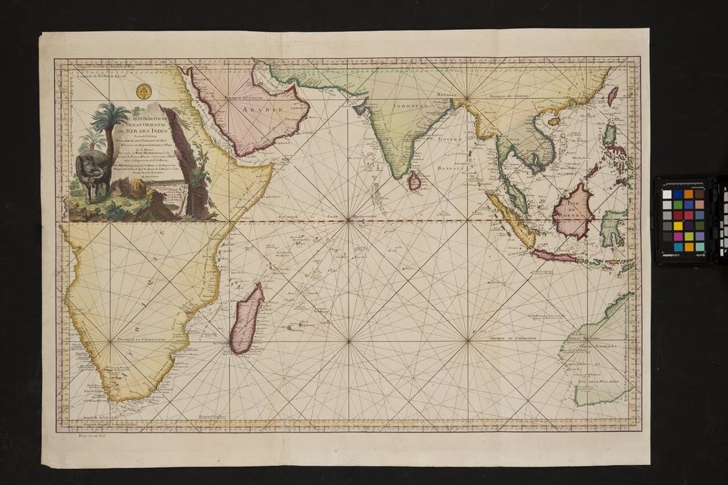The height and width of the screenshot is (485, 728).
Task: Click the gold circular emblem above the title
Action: (144, 91)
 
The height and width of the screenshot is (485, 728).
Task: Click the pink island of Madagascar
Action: (247, 319)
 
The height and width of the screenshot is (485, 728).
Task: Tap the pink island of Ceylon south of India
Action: (414, 182)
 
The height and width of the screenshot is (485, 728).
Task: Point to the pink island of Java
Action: (555, 256)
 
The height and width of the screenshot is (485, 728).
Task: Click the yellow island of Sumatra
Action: (512, 220)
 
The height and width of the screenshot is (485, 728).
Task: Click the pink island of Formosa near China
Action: (612, 95)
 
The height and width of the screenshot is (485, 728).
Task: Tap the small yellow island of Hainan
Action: (554, 121)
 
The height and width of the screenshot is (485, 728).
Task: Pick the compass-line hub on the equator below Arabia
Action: (348, 220)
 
